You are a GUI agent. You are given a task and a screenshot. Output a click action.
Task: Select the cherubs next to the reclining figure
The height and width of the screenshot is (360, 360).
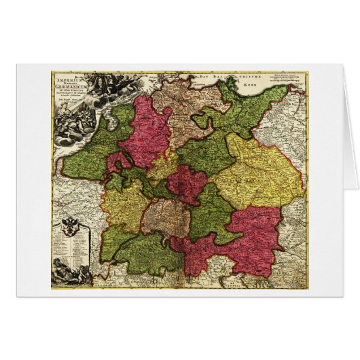pos(84,274)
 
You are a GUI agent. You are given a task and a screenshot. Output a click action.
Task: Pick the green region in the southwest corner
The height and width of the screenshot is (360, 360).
pos(146,255)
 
